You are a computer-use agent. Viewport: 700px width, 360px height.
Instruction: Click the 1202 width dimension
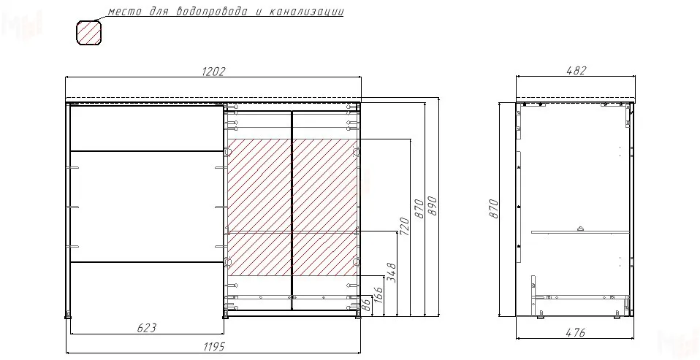click(214, 72)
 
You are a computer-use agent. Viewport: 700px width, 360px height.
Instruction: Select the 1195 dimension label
click(214, 347)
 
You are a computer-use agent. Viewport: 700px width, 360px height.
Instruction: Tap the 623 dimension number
click(146, 328)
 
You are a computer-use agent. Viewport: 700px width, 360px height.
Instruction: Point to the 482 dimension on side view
click(576, 71)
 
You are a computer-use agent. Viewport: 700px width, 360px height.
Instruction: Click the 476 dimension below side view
click(576, 332)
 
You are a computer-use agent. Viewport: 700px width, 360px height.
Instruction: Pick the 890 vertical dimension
click(432, 206)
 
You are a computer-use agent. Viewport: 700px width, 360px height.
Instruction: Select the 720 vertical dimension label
click(404, 227)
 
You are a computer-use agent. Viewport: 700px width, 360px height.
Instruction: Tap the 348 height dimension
click(391, 272)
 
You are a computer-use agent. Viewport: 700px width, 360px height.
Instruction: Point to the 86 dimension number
click(365, 305)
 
